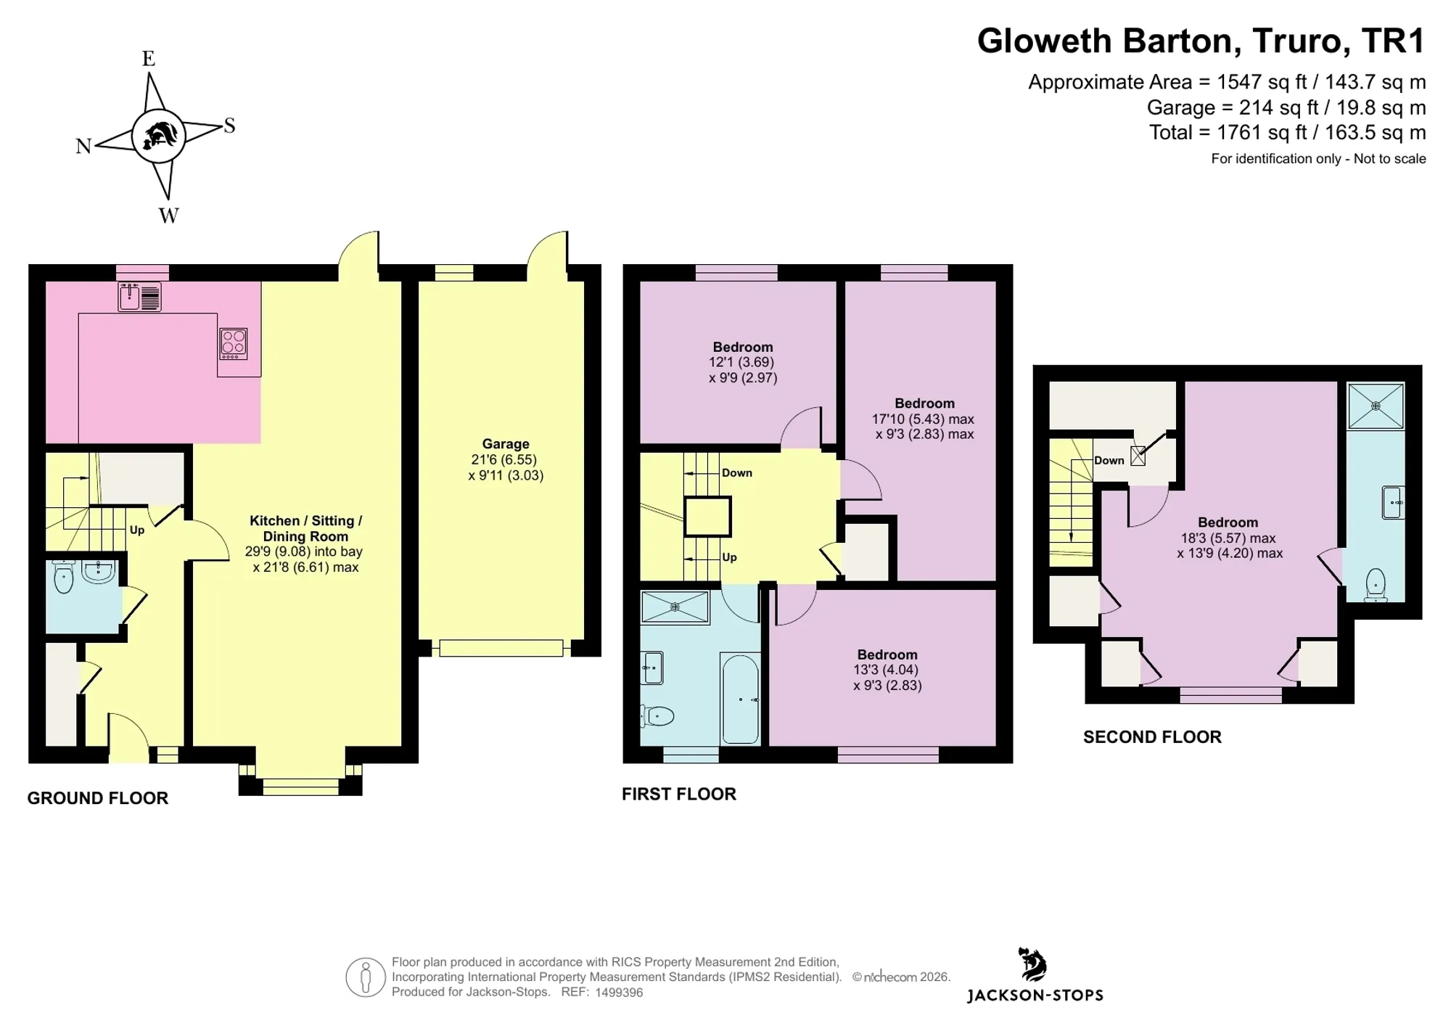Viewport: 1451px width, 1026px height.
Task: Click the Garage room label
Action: tap(506, 444)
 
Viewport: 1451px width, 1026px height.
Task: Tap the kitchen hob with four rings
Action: tap(234, 344)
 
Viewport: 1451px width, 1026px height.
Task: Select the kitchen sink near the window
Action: tap(140, 297)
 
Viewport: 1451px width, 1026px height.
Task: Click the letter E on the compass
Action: tap(149, 59)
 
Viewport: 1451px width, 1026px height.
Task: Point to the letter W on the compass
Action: tap(168, 216)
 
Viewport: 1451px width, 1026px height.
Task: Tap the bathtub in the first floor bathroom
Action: tap(740, 698)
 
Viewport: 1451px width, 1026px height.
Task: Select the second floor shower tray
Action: tap(1376, 406)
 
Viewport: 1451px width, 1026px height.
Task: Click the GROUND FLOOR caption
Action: tap(98, 798)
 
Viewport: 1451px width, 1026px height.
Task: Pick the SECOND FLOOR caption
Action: tap(1152, 737)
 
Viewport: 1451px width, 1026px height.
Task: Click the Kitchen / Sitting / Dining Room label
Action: tap(305, 528)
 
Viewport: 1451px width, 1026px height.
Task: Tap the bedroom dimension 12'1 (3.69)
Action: tap(741, 362)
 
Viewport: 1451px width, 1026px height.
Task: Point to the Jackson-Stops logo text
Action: tap(1035, 996)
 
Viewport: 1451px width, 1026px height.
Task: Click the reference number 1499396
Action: tap(619, 993)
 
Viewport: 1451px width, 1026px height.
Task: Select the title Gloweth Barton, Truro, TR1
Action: tap(1201, 41)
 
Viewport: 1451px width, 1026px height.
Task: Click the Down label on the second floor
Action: tap(1109, 461)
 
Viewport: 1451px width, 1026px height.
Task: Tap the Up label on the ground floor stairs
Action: tap(137, 530)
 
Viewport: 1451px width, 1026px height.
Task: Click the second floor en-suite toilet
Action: tap(1376, 585)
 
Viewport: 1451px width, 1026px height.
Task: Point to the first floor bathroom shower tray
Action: tap(675, 607)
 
